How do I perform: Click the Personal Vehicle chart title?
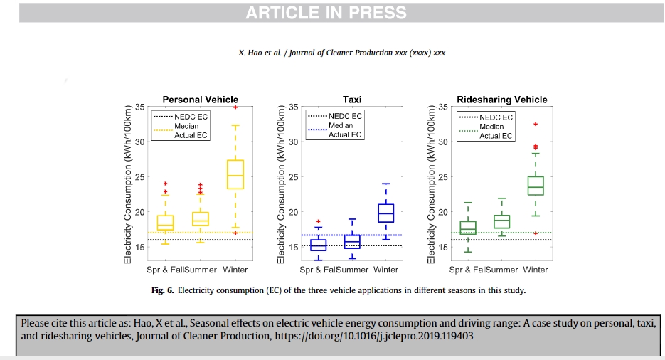point(201,100)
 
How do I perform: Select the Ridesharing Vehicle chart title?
point(502,100)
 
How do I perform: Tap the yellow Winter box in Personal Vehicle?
point(235,175)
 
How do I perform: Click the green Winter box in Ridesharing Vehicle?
point(535,186)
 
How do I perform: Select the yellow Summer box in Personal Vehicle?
point(201,219)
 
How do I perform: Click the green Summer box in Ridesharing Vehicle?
point(501,222)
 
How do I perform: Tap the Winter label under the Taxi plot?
point(385,270)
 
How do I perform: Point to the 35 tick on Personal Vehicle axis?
point(140,107)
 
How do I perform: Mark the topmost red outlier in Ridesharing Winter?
point(536,125)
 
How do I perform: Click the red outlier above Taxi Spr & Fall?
point(319,222)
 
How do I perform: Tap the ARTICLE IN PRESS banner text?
point(326,13)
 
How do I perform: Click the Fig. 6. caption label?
point(163,290)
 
